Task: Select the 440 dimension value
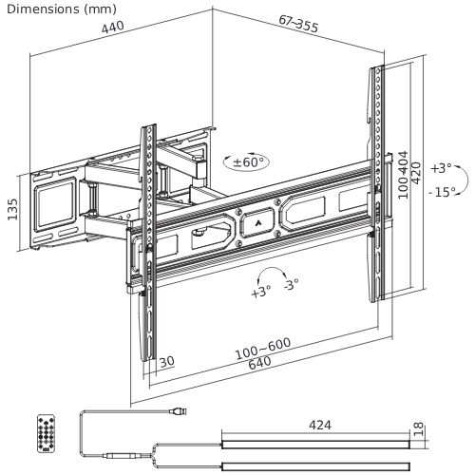[112, 29]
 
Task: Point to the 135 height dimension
[13, 209]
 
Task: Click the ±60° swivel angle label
[250, 162]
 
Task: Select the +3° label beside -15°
[440, 167]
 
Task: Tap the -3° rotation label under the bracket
[290, 283]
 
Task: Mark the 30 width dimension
[166, 361]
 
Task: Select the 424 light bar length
[319, 426]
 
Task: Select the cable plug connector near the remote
[179, 411]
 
